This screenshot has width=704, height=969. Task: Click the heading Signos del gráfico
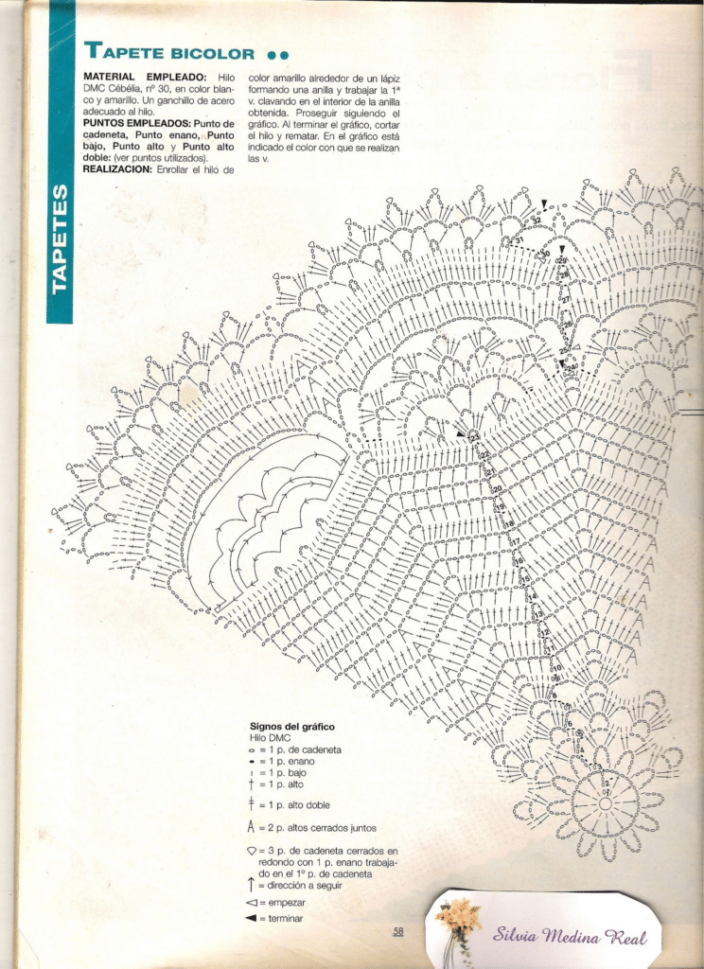(x=291, y=727)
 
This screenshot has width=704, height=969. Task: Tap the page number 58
(x=398, y=931)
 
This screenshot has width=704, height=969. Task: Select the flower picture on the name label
(x=459, y=918)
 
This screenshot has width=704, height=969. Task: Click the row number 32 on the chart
(x=536, y=220)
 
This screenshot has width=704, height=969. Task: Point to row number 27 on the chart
(x=566, y=300)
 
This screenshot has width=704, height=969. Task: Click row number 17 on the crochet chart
(x=517, y=542)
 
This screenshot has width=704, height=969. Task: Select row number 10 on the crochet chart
(x=556, y=668)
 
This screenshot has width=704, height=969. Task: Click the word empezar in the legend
(x=287, y=903)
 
